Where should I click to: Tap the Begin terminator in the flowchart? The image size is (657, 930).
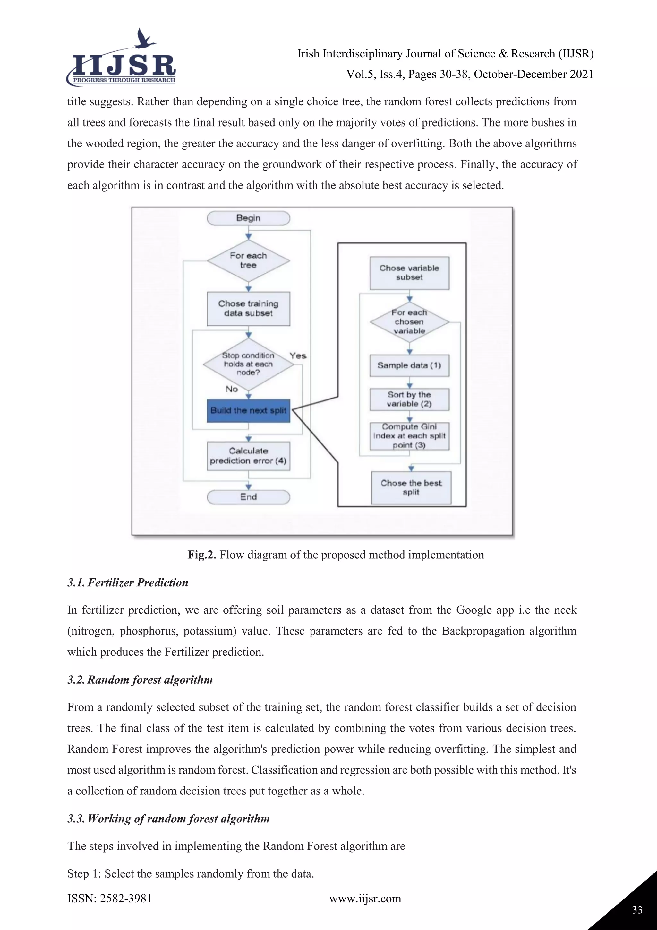click(248, 218)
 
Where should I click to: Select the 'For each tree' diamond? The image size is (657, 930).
click(248, 260)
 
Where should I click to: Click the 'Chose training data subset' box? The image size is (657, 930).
click(248, 308)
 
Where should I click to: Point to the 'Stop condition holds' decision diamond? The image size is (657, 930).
click(248, 364)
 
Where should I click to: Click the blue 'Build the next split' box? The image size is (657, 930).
click(248, 410)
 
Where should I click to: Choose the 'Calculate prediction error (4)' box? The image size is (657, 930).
click(248, 456)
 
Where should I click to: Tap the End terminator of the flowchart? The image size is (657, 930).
click(248, 497)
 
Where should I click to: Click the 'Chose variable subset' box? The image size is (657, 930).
click(409, 273)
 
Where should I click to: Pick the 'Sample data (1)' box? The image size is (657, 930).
click(409, 365)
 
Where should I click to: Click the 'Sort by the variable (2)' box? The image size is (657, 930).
click(409, 399)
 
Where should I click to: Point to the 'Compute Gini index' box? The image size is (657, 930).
click(409, 436)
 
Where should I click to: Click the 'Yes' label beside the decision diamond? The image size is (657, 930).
click(298, 355)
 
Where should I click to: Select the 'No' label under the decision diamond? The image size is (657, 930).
click(232, 389)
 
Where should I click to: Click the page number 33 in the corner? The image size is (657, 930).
click(637, 910)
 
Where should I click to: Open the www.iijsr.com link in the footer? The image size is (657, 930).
click(365, 899)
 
